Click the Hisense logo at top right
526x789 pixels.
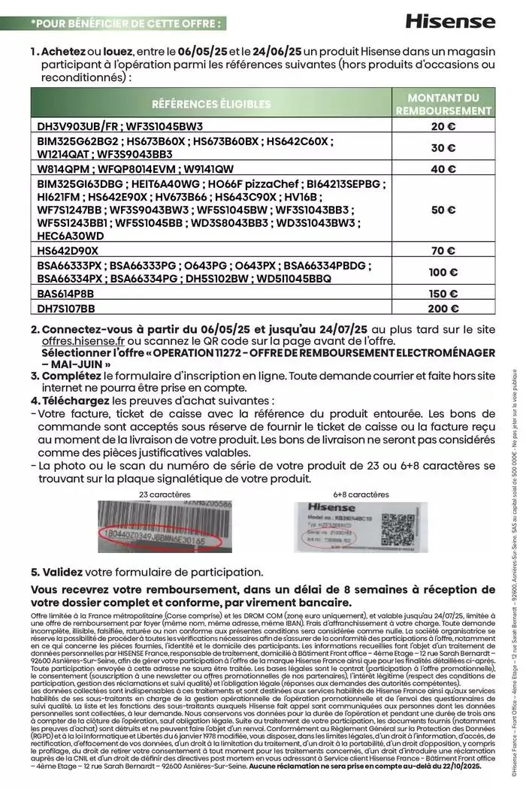(450, 21)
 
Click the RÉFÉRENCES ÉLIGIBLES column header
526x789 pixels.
(211, 104)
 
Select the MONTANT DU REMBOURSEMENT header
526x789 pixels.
(443, 104)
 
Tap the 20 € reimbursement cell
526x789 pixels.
(443, 126)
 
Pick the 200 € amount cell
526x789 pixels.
(443, 308)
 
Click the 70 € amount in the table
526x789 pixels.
(443, 249)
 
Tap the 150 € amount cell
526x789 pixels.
(443, 294)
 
